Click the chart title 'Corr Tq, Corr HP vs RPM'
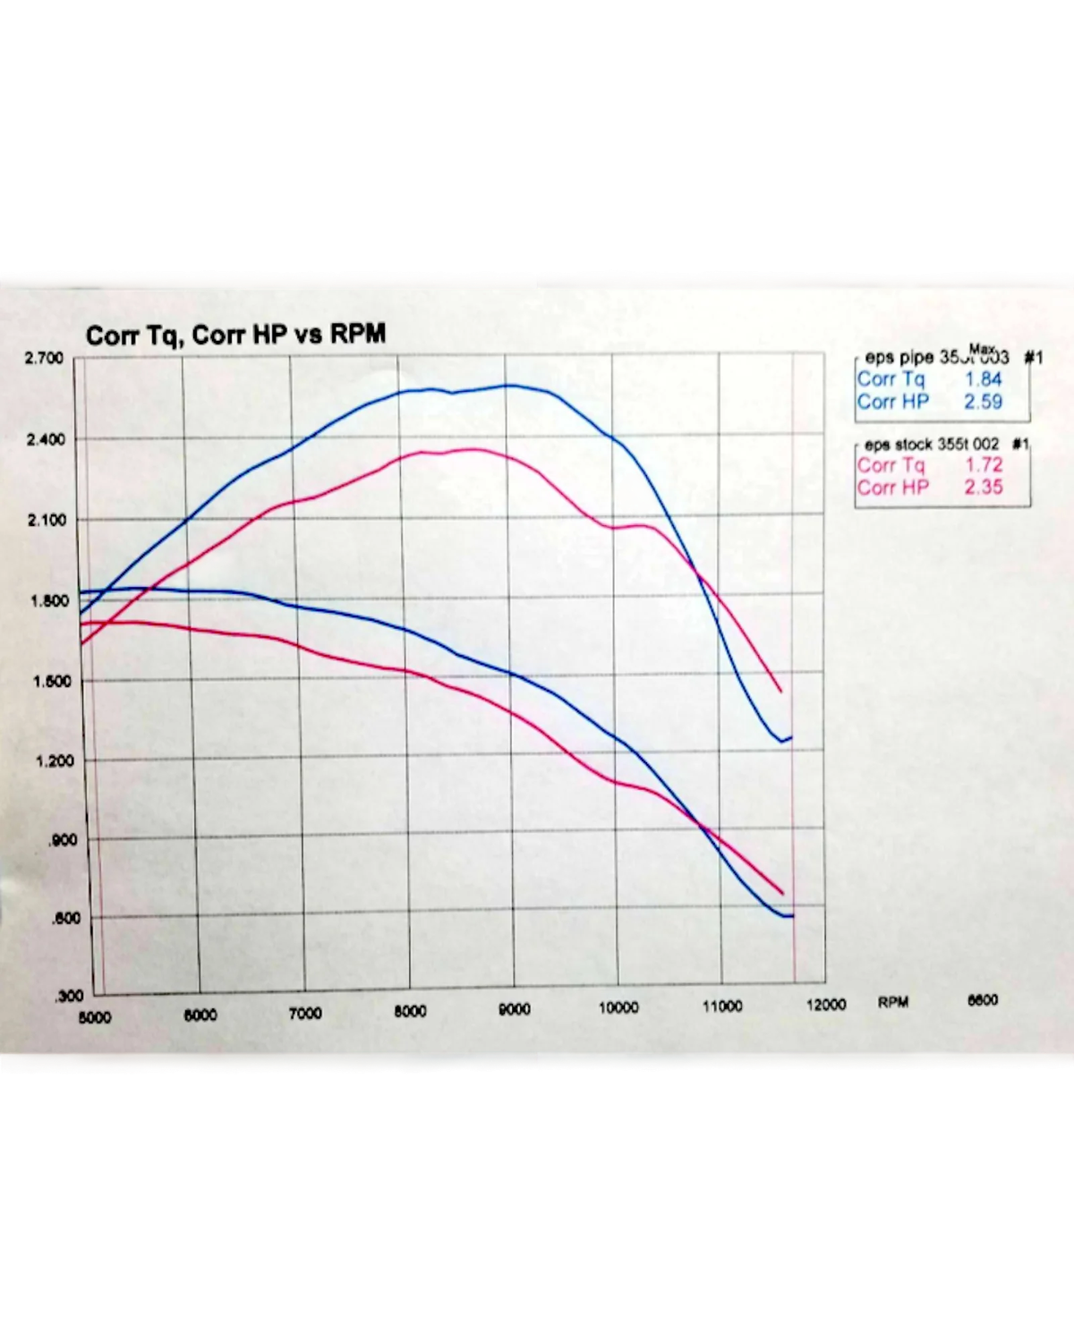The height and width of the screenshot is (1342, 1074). coord(235,335)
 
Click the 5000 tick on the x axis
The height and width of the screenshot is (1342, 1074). coord(95,1017)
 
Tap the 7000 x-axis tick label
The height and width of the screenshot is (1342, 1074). coord(305,1014)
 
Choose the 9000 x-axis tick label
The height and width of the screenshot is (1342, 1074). coord(514,1009)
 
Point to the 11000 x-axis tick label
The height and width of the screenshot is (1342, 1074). coord(721,1006)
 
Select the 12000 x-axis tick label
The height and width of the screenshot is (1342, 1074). coord(825,1005)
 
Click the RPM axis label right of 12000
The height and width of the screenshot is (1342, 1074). coord(892,1002)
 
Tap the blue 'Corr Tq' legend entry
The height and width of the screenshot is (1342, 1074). coord(891,379)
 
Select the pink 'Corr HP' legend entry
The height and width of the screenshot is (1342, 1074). coord(892,488)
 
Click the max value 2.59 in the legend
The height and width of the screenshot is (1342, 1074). coord(983,402)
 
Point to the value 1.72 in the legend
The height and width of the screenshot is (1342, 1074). coord(984,465)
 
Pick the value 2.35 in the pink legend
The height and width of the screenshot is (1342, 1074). coord(984,488)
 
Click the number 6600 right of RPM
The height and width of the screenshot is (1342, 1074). coord(982,1000)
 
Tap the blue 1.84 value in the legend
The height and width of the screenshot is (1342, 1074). coord(984,379)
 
